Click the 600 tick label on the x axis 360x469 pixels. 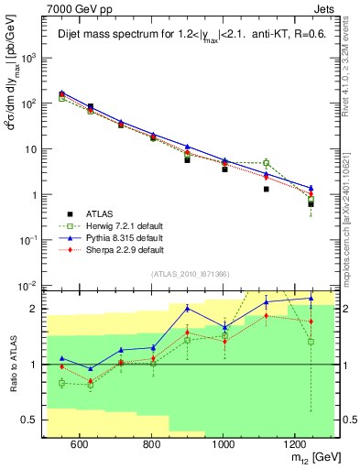point(79,445)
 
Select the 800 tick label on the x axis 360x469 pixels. point(151,445)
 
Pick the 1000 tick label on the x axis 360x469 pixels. point(223,445)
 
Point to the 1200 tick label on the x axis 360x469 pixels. point(294,445)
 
